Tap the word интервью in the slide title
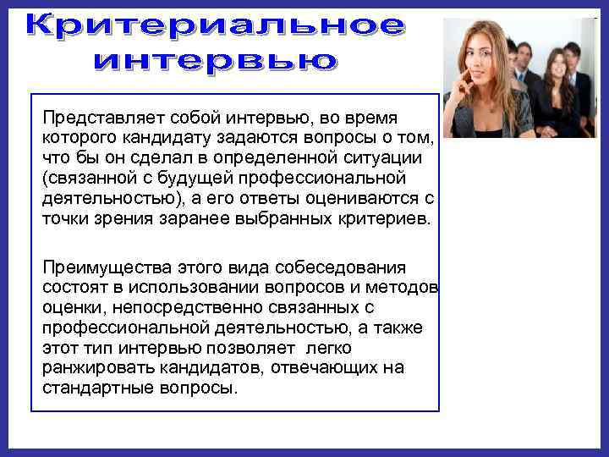pyautogui.click(x=215, y=61)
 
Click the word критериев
pyautogui.click(x=377, y=219)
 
